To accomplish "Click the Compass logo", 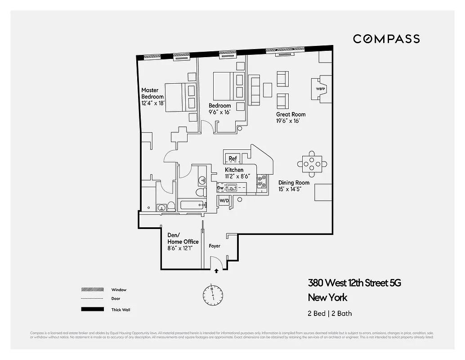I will point(386,39).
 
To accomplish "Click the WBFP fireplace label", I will point(321,88).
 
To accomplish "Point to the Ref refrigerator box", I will point(232,158).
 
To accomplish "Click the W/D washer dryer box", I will point(224,200).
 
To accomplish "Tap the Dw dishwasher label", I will point(220,188).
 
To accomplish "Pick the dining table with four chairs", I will point(313,163).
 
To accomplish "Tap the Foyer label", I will point(215,246).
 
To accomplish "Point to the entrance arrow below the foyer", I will point(217,271).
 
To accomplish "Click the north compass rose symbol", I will point(212,294).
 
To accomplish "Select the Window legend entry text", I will point(119,290).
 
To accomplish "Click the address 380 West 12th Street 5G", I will point(354,283).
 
